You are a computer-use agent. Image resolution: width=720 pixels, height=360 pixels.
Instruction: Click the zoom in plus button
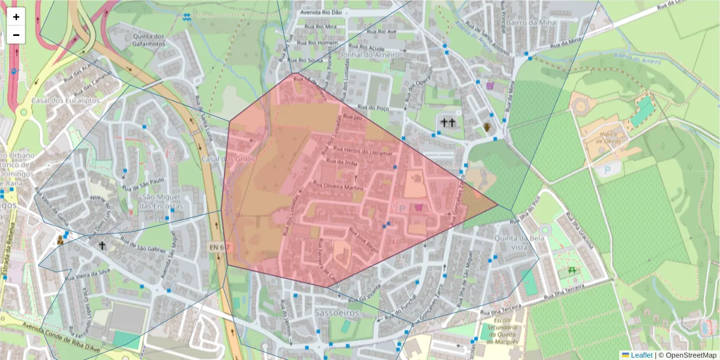16,17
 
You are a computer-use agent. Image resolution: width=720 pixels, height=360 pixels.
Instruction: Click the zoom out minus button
16,35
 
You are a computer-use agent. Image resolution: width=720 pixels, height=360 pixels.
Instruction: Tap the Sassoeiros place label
337,313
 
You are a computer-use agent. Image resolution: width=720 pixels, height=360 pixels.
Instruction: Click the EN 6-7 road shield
218,247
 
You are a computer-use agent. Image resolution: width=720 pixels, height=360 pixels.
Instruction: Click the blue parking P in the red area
401,207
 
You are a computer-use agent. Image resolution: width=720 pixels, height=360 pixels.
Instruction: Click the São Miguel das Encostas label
160,201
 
